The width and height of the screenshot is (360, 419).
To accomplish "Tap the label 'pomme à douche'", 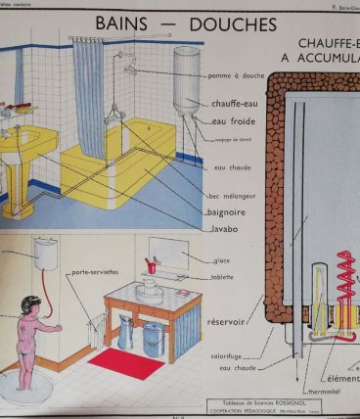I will (x=235, y=75).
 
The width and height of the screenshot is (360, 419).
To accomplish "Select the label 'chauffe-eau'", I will (x=235, y=104).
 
